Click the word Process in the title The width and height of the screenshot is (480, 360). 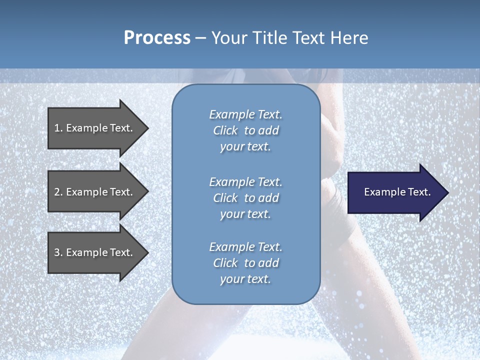[x=157, y=38]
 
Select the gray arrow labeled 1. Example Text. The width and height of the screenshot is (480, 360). [x=95, y=128]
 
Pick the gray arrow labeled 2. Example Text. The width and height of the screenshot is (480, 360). [x=95, y=192]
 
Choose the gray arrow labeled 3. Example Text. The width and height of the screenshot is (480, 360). [x=95, y=252]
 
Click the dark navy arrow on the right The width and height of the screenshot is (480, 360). [x=395, y=192]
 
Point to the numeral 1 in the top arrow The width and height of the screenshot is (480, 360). [x=57, y=128]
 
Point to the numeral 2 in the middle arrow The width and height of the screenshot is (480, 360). [x=57, y=192]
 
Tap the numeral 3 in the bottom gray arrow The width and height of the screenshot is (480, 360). [x=57, y=252]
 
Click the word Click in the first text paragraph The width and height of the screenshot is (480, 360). [x=225, y=131]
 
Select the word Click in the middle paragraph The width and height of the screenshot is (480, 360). [x=225, y=198]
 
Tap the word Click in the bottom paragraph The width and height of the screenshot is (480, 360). [x=225, y=263]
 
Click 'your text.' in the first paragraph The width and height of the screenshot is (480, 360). [x=245, y=147]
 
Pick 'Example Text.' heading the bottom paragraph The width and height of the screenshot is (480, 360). [x=245, y=247]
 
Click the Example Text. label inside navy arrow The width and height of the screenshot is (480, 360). [x=397, y=192]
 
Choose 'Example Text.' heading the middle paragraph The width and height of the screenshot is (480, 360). [x=245, y=182]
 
